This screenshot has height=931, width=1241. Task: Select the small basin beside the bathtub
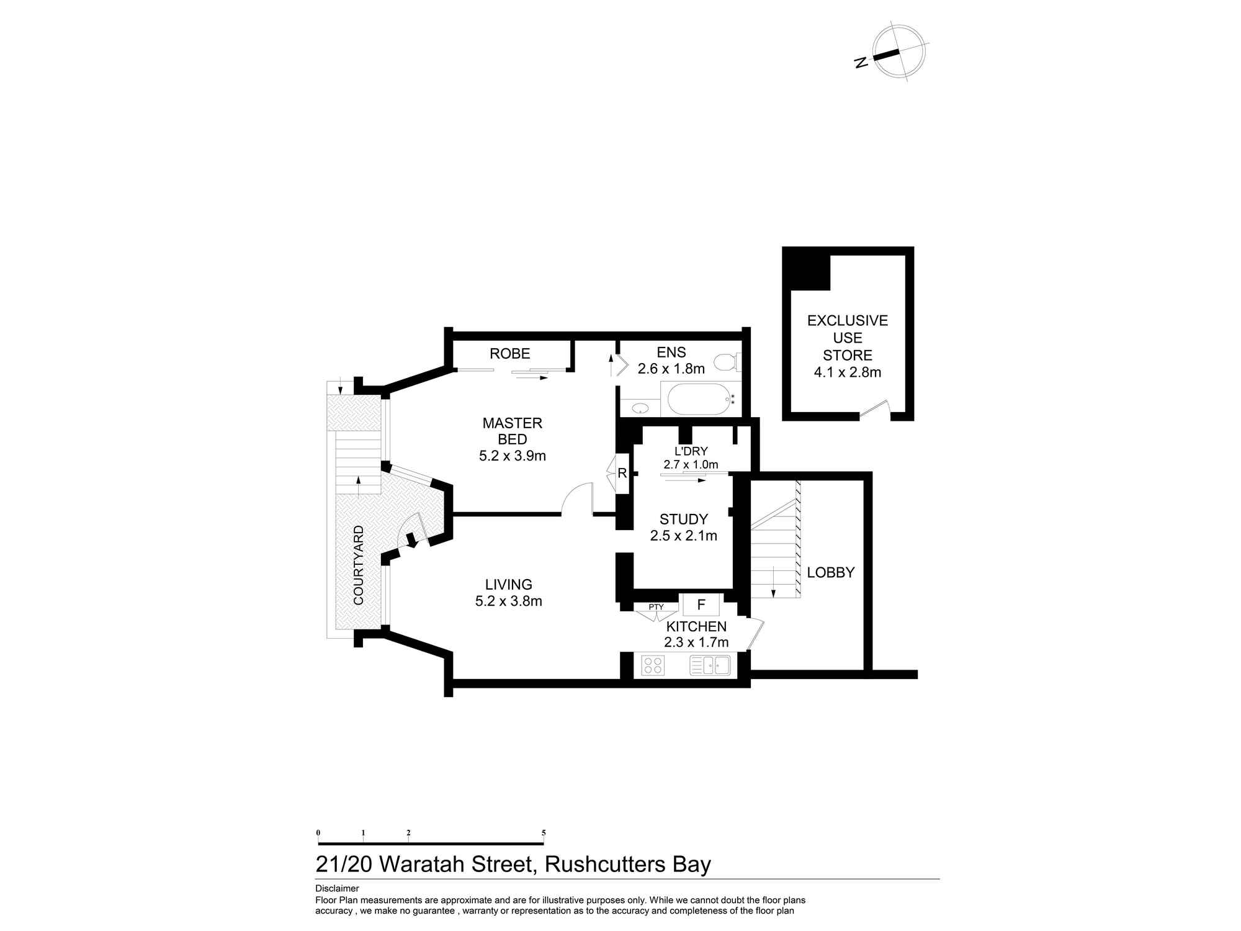640,408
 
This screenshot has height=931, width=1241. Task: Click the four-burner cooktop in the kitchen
653,665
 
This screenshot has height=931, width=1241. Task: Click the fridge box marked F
701,605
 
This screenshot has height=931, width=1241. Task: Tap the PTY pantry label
656,607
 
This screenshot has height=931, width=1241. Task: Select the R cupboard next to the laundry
622,474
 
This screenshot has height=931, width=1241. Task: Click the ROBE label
509,354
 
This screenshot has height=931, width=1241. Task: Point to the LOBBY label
830,572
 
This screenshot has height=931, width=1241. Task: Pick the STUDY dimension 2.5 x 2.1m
683,536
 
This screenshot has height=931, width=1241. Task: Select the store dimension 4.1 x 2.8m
847,372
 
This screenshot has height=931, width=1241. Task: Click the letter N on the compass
861,62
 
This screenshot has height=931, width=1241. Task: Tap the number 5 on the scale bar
544,833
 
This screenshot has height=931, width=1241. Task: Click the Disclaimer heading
337,888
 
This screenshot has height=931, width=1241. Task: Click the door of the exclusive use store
875,408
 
